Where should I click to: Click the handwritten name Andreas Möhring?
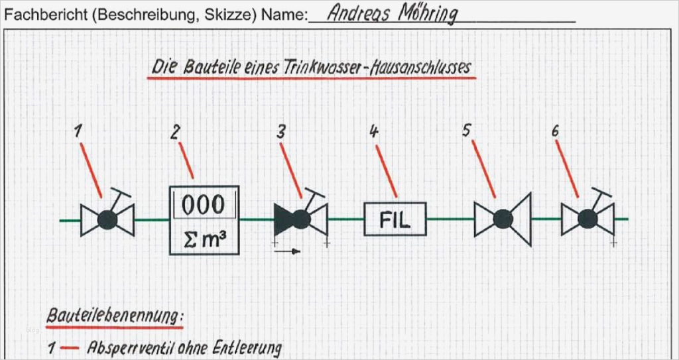[x=393, y=14]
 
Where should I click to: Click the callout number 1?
[x=78, y=131]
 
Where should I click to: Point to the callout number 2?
[x=175, y=132]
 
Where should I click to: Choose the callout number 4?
[x=374, y=131]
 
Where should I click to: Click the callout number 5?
[x=466, y=130]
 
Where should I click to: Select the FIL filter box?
[x=395, y=219]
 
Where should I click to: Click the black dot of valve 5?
[x=502, y=218]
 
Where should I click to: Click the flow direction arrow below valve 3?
[x=287, y=251]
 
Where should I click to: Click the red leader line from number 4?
[x=386, y=170]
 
